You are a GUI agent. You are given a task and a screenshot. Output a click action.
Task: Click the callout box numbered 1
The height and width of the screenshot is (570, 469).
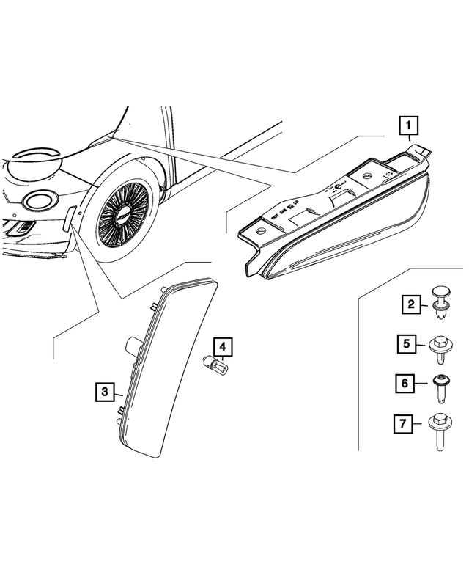(x=410, y=127)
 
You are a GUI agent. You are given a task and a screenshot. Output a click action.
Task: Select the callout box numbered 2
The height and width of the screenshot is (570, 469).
(x=411, y=303)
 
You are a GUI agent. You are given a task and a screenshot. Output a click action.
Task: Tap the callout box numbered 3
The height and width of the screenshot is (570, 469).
(x=105, y=392)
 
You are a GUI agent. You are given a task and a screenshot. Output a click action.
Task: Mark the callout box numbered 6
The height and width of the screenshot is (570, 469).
(x=411, y=382)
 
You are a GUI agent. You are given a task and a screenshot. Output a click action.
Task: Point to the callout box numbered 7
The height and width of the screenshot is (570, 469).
(x=411, y=423)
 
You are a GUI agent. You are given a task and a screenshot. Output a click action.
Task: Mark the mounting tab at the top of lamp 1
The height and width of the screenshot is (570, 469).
(x=419, y=151)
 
